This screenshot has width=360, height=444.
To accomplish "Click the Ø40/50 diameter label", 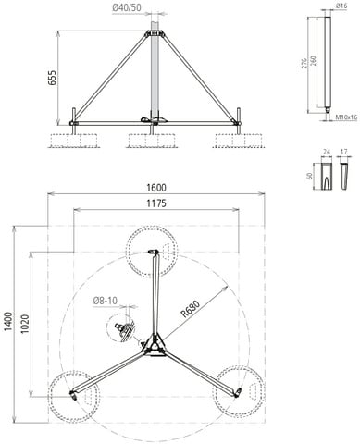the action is click(127, 7).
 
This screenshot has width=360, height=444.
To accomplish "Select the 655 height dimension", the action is click(52, 78).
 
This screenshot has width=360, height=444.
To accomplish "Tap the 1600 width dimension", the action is click(156, 188).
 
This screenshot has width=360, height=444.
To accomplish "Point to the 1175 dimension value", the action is click(156, 203).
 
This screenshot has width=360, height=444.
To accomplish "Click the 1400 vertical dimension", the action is click(8, 322).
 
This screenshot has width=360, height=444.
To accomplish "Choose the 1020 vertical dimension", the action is click(25, 324).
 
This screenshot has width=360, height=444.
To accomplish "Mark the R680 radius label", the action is click(191, 309).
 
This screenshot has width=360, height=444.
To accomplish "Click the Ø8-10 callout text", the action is click(106, 301).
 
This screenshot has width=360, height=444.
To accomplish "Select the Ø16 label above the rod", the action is click(341, 6).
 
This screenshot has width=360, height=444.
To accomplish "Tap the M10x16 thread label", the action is click(346, 117).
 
